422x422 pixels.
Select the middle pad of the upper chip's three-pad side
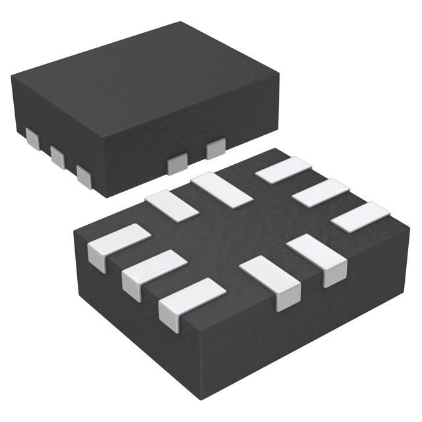point(57,156)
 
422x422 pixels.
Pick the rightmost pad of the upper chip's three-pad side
point(83,173)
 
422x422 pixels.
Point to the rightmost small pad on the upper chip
point(216,149)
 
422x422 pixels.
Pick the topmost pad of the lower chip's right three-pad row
point(284,170)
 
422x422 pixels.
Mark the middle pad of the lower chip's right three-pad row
point(320,193)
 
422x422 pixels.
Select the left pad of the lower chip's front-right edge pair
point(270,280)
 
